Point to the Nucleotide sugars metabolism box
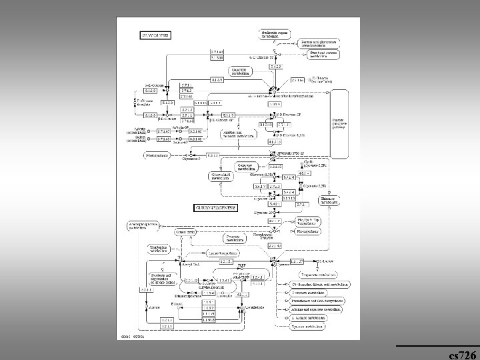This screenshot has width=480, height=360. coord(274,32)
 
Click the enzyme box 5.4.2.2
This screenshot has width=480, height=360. coord(276,66)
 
